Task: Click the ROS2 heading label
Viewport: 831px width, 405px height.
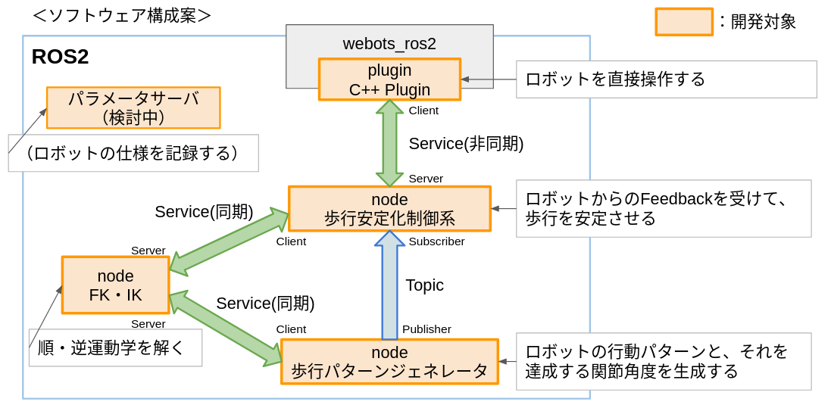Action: tap(60, 57)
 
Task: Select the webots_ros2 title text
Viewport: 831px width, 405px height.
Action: tap(389, 43)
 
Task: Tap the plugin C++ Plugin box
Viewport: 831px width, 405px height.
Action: tap(389, 79)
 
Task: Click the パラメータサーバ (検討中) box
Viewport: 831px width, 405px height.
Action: tap(133, 107)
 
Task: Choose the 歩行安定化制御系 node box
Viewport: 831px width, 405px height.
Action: tap(389, 209)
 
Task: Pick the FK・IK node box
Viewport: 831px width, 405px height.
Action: tap(115, 285)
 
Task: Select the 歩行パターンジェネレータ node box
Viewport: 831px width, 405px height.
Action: tap(389, 362)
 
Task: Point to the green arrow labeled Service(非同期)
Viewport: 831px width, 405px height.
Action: tap(389, 143)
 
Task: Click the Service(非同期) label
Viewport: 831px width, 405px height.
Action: tap(466, 144)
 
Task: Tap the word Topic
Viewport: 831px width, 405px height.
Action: tap(424, 285)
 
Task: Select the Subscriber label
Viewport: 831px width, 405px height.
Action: tap(436, 241)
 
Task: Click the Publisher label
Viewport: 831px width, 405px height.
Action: tap(426, 329)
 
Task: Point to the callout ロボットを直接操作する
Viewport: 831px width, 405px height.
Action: tap(666, 79)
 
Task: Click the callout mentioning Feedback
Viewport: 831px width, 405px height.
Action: tap(664, 209)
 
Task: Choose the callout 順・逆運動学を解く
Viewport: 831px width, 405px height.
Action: tap(115, 348)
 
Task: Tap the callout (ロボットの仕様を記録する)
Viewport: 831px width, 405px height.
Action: tap(133, 153)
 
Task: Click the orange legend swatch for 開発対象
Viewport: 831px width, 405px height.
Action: tap(683, 22)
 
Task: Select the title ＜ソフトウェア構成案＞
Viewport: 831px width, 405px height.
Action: tap(122, 15)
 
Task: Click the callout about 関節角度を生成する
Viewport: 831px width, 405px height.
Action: tap(664, 362)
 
